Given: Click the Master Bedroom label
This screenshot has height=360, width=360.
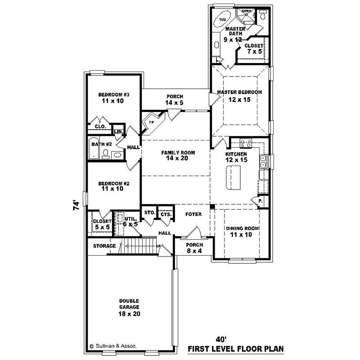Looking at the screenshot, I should tap(239, 95).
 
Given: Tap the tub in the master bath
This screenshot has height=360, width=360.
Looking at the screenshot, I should tap(223, 20).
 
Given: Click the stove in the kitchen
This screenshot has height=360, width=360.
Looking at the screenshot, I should tap(246, 144).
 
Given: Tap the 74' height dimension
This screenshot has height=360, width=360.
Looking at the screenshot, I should tap(76, 206).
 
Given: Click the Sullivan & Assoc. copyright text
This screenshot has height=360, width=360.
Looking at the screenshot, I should tap(114, 346).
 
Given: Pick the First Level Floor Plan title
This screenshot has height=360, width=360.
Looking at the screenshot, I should tap(235, 349).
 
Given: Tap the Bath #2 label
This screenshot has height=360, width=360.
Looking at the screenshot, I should tap(102, 144).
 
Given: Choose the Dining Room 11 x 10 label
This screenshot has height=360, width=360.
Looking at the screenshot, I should tap(242, 231).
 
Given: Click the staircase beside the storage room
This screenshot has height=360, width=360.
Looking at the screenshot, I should tap(139, 246).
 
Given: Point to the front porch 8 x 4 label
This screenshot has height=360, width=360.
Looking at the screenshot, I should tap(194, 248).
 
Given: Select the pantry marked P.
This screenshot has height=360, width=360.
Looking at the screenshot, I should tap(261, 201).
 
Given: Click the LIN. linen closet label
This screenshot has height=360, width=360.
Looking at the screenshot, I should tap(118, 131).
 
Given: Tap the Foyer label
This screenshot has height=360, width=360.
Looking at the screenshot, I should tap(193, 214).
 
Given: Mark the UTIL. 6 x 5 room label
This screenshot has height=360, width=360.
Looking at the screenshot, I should tap(130, 221).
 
